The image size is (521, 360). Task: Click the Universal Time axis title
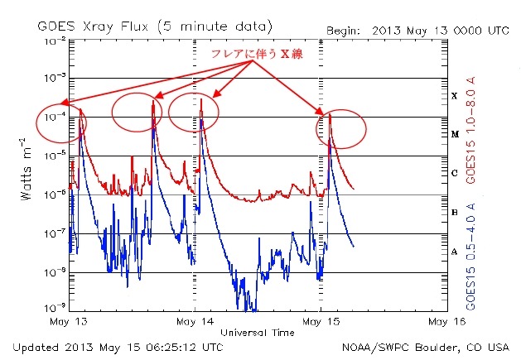[x=258, y=333]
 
